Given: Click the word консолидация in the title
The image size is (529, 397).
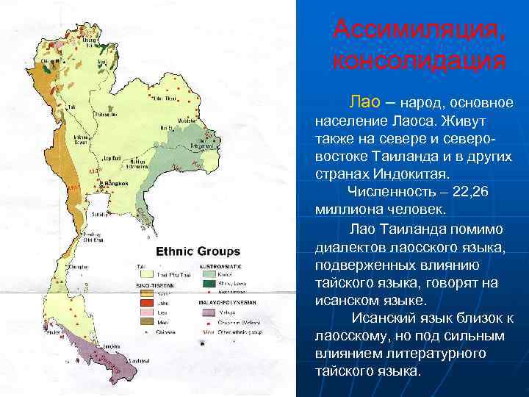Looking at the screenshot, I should pos(419,60).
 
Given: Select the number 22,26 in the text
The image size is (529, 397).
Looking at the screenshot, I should pos(471,192).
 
